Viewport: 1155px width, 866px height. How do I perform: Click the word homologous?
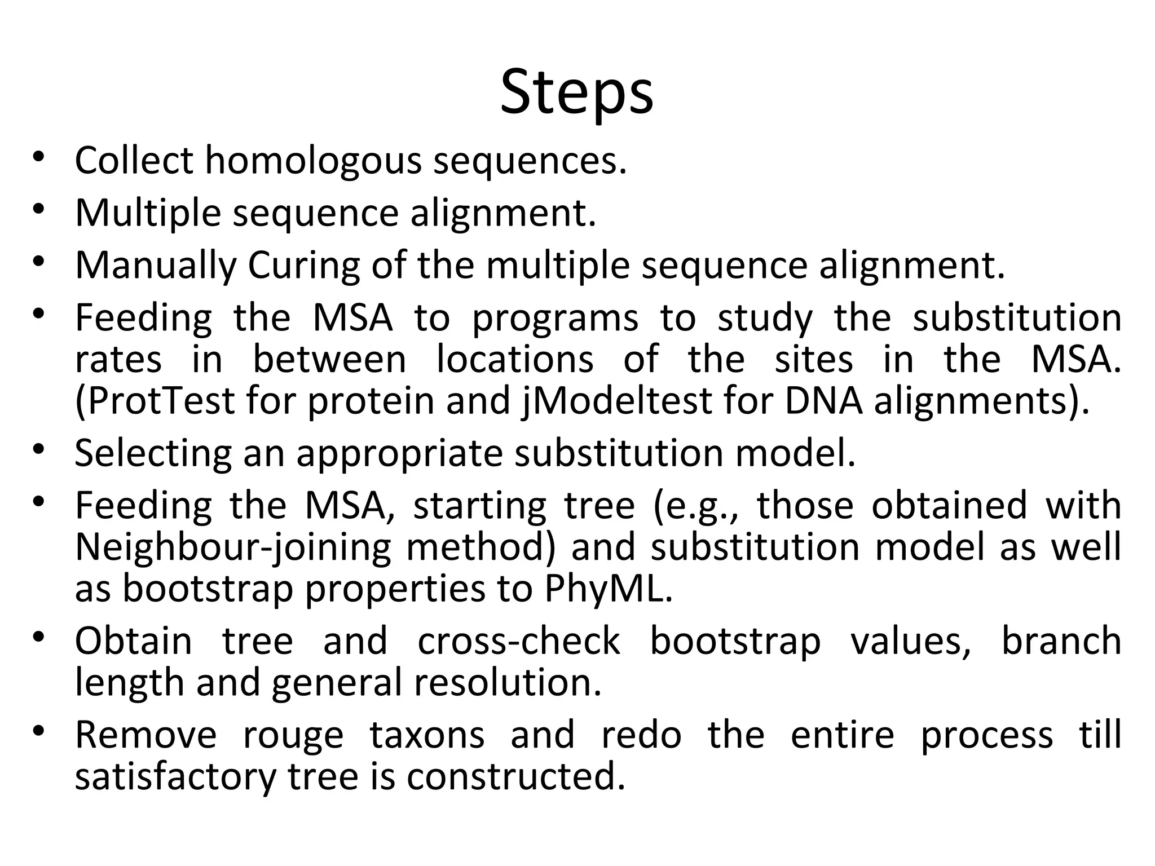pyautogui.click(x=313, y=161)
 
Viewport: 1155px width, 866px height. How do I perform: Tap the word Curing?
pyautogui.click(x=303, y=266)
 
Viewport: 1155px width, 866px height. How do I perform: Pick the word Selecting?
pyautogui.click(x=153, y=454)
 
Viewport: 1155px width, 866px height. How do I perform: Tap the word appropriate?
pyautogui.click(x=399, y=454)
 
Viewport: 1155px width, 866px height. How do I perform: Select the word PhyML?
pyautogui.click(x=609, y=589)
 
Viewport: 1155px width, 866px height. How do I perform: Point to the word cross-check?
pyautogui.click(x=519, y=642)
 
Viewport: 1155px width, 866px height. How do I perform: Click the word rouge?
pyautogui.click(x=293, y=736)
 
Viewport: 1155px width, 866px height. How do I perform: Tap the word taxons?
pyautogui.click(x=427, y=736)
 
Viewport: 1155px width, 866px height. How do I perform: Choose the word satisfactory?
pyautogui.click(x=175, y=777)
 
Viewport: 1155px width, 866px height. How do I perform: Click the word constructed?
pyautogui.click(x=516, y=777)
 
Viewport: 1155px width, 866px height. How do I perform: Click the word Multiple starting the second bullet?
pyautogui.click(x=148, y=214)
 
